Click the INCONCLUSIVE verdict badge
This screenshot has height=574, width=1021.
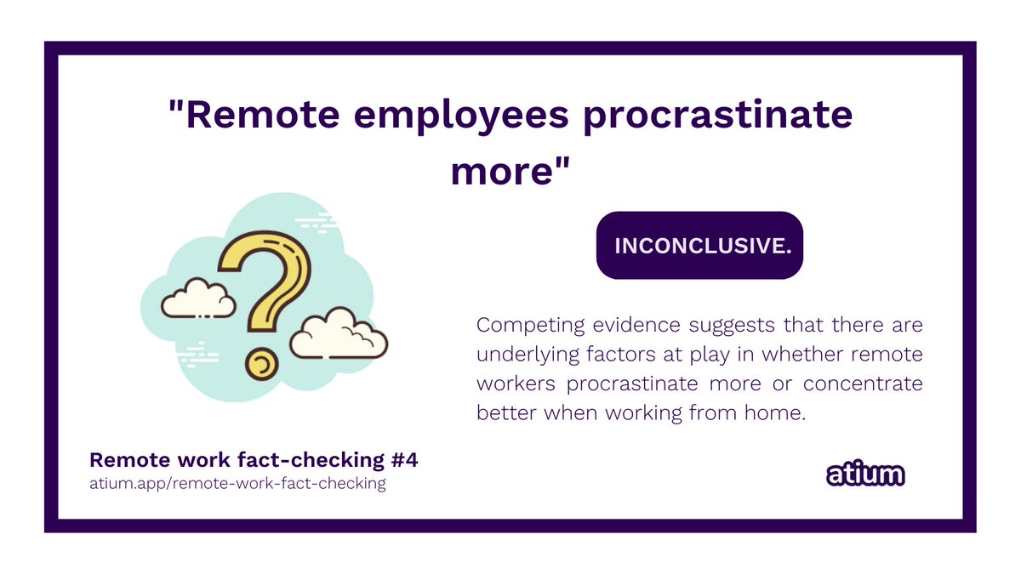pyautogui.click(x=699, y=245)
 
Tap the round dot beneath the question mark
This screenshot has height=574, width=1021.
pyautogui.click(x=261, y=363)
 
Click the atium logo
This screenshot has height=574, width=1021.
pyautogui.click(x=865, y=475)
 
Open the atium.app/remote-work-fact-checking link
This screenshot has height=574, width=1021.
pyautogui.click(x=237, y=484)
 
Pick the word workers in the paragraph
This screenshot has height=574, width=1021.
pyautogui.click(x=516, y=384)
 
